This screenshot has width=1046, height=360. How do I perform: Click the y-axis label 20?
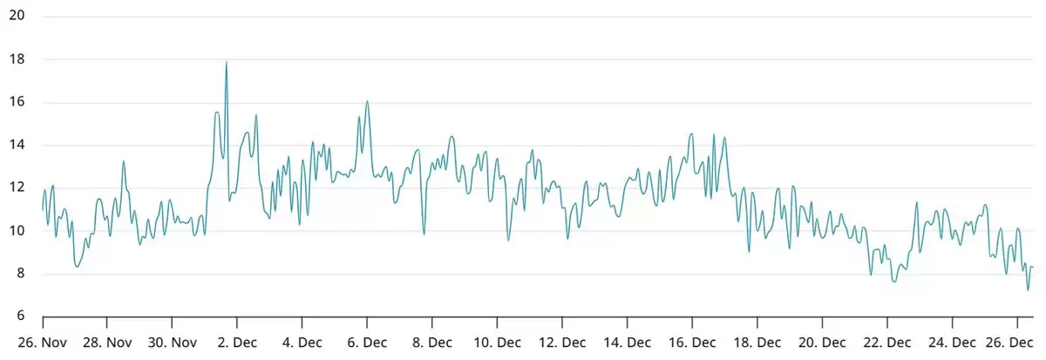[x=17, y=17]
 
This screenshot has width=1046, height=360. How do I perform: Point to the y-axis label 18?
[x=17, y=59]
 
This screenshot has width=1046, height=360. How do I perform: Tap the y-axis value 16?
[x=17, y=102]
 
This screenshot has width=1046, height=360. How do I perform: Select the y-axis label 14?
[x=17, y=145]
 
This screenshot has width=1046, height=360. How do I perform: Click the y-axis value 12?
[x=17, y=187]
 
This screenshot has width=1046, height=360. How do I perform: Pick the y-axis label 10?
[x=17, y=231]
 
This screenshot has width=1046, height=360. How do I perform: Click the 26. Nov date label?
[x=42, y=343]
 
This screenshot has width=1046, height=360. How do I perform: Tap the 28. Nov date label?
[x=107, y=343]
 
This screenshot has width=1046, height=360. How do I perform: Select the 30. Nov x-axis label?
[x=172, y=343]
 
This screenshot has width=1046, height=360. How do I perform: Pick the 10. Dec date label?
[x=498, y=343]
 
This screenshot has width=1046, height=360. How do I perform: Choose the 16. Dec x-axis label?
[x=693, y=343]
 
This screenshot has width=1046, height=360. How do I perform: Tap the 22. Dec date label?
[x=887, y=343]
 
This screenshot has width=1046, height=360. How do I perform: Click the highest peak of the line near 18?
[x=227, y=63]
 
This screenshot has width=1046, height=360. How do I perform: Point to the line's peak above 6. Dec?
[x=367, y=102]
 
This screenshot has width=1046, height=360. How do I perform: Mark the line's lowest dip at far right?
[x=1029, y=289]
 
